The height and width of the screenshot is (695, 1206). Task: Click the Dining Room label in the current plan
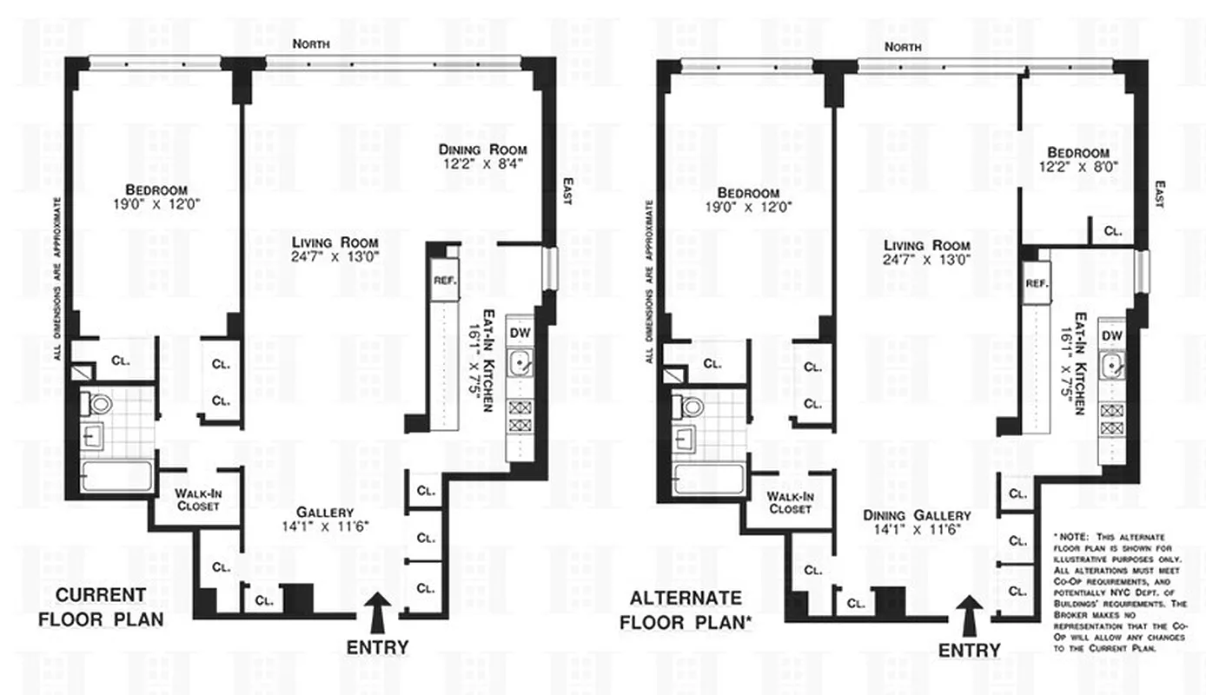(482, 149)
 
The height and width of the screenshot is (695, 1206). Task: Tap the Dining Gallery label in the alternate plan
(917, 515)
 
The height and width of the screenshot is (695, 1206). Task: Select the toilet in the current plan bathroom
(100, 404)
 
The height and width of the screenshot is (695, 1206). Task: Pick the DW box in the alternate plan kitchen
(1112, 336)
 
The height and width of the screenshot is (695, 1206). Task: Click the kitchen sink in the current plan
(521, 365)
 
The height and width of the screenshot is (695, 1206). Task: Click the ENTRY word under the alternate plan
(969, 651)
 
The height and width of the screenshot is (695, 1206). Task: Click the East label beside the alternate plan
(1160, 193)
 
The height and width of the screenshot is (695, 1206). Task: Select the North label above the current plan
(310, 43)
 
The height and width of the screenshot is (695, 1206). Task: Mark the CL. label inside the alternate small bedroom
(1113, 231)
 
